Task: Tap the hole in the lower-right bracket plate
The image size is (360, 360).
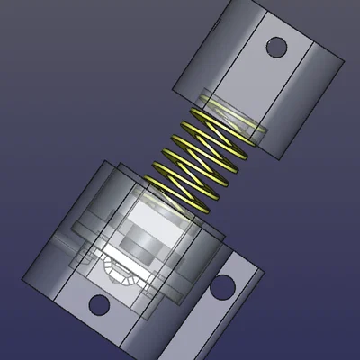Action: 221,289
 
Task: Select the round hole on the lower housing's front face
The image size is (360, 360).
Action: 99,304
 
